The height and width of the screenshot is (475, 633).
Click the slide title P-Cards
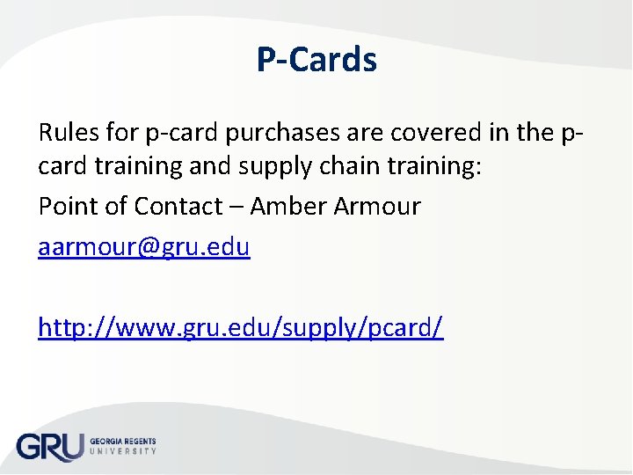316,60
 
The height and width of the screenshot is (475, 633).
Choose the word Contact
178,206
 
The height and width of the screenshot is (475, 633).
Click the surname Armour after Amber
379,206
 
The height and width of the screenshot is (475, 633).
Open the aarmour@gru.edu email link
144,248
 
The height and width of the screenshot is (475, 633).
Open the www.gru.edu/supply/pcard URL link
241,327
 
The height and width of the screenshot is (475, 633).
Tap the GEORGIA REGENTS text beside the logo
122,441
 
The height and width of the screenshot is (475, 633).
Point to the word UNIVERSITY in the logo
122,451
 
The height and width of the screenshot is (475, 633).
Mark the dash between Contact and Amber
236,208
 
